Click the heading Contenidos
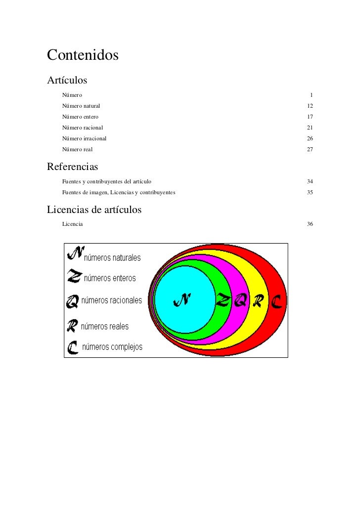click(83, 55)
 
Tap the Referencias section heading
click(73, 167)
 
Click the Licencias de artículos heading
click(94, 210)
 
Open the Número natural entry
click(81, 106)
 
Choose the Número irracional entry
click(84, 138)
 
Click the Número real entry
click(77, 149)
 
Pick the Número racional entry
click(83, 127)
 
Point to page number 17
click(310, 117)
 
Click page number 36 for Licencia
click(310, 224)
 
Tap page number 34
click(310, 182)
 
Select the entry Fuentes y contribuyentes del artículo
click(107, 182)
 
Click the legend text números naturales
click(113, 257)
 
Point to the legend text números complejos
click(112, 347)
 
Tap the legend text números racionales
click(111, 300)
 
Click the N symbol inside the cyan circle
click(181, 300)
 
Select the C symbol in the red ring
click(276, 300)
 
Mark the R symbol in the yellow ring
click(257, 300)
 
